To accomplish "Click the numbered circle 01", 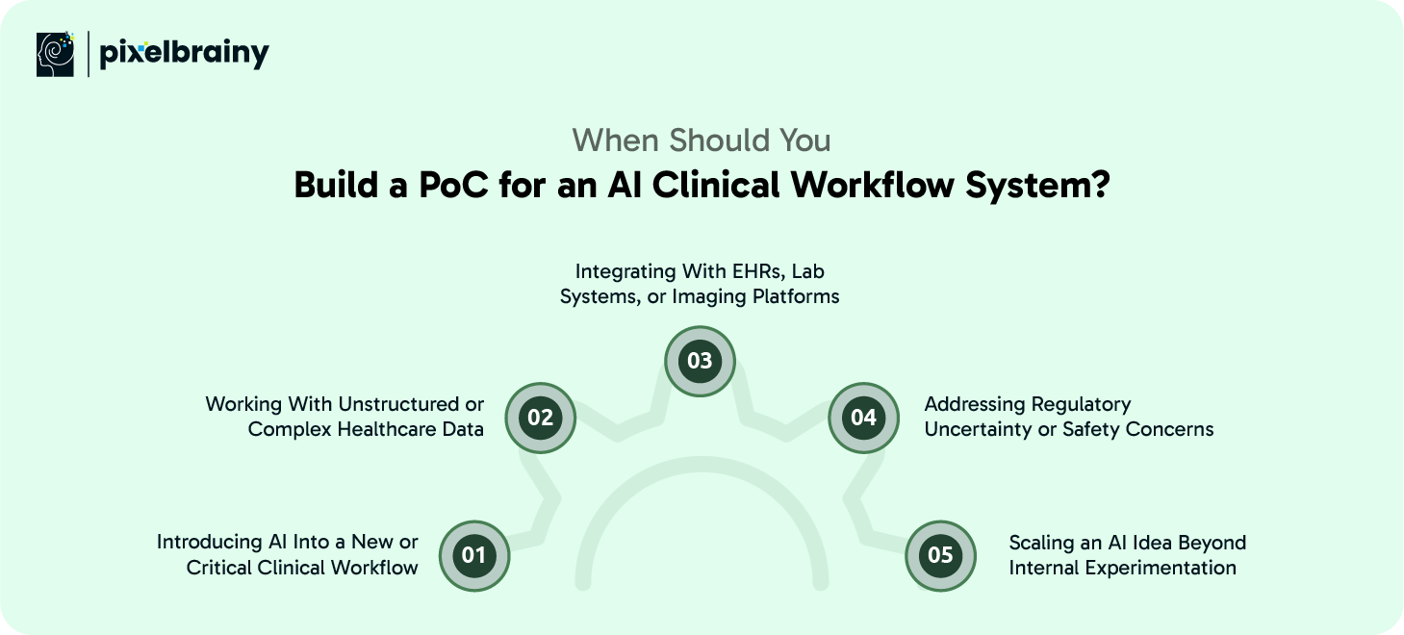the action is tap(473, 555).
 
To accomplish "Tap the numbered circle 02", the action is tap(540, 418).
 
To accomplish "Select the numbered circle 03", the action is tap(700, 361).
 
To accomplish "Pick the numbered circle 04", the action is tap(864, 418).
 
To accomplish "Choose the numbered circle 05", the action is tap(940, 555).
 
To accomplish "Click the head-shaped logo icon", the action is tap(55, 54).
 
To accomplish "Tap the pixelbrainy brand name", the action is tap(184, 55).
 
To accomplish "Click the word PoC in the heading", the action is tap(453, 186).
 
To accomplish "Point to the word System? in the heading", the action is tap(1037, 187).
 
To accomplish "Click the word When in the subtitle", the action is tap(616, 140).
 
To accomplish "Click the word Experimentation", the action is tap(1161, 569).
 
